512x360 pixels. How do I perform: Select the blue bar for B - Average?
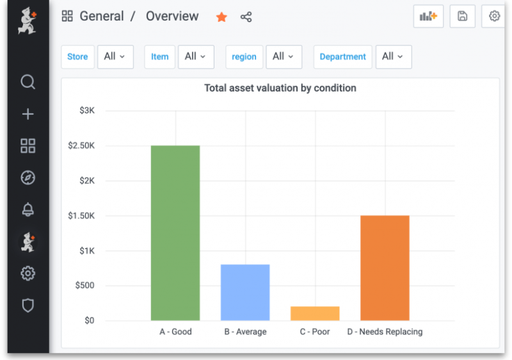coord(245,292)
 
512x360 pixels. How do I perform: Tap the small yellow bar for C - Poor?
coord(315,313)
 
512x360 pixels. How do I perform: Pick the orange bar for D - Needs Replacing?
coord(385,268)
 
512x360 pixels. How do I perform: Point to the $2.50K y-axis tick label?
coord(81,145)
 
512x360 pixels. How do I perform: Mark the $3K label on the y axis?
coord(87,111)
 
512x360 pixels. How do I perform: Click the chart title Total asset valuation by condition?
coord(280,88)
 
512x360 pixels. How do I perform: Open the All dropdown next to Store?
coord(115,56)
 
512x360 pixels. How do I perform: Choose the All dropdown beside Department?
coord(393,56)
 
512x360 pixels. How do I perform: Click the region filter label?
coord(244,56)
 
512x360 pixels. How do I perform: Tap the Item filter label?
coord(159,56)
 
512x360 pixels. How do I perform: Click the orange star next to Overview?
coord(221,17)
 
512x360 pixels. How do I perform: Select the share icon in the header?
coord(246,17)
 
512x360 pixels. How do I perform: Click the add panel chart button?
coord(428,17)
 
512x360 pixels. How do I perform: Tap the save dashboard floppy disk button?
coord(462,17)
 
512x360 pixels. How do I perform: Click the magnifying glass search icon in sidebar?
coord(28,82)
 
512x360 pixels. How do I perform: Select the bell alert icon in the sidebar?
coord(28,209)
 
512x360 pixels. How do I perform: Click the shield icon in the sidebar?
coord(28,306)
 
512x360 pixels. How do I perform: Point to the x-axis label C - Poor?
coord(315,332)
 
